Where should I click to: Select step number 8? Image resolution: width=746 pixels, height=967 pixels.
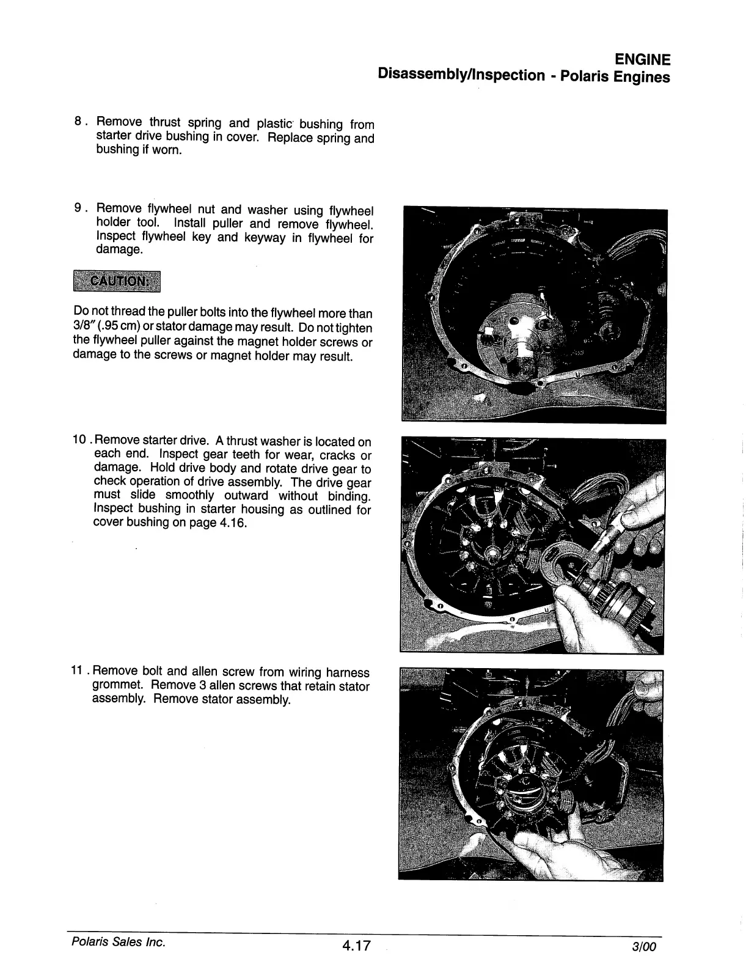78,120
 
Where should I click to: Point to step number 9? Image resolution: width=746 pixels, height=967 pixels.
78,208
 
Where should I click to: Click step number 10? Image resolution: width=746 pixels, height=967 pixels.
80,441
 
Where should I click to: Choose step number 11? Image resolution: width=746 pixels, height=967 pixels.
78,671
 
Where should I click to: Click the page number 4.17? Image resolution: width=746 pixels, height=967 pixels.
357,946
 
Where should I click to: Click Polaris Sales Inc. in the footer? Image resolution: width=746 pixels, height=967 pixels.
117,942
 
